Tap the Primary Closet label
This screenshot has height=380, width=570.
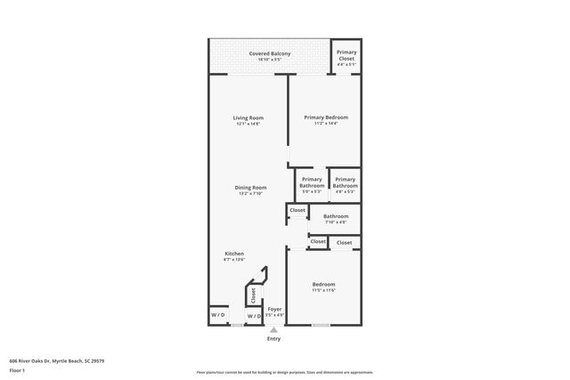(x=346, y=55)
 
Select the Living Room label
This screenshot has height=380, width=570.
(x=248, y=117)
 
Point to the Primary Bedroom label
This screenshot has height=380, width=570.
(x=325, y=117)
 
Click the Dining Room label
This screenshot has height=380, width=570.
(x=250, y=188)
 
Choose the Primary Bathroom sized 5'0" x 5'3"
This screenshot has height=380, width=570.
(x=312, y=182)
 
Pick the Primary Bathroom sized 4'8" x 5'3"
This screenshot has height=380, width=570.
(x=345, y=182)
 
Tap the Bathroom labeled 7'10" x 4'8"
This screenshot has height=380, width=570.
(x=336, y=216)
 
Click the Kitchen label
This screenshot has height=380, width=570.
(x=233, y=254)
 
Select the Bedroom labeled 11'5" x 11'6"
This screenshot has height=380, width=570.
(x=323, y=285)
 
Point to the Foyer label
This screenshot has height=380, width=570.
(x=275, y=309)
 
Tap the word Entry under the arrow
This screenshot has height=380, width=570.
(x=274, y=339)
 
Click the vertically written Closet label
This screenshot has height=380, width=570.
(x=253, y=295)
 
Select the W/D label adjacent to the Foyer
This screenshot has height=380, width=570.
(x=253, y=315)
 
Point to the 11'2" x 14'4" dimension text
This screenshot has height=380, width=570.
(x=325, y=124)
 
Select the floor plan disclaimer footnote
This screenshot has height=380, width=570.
(x=285, y=372)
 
